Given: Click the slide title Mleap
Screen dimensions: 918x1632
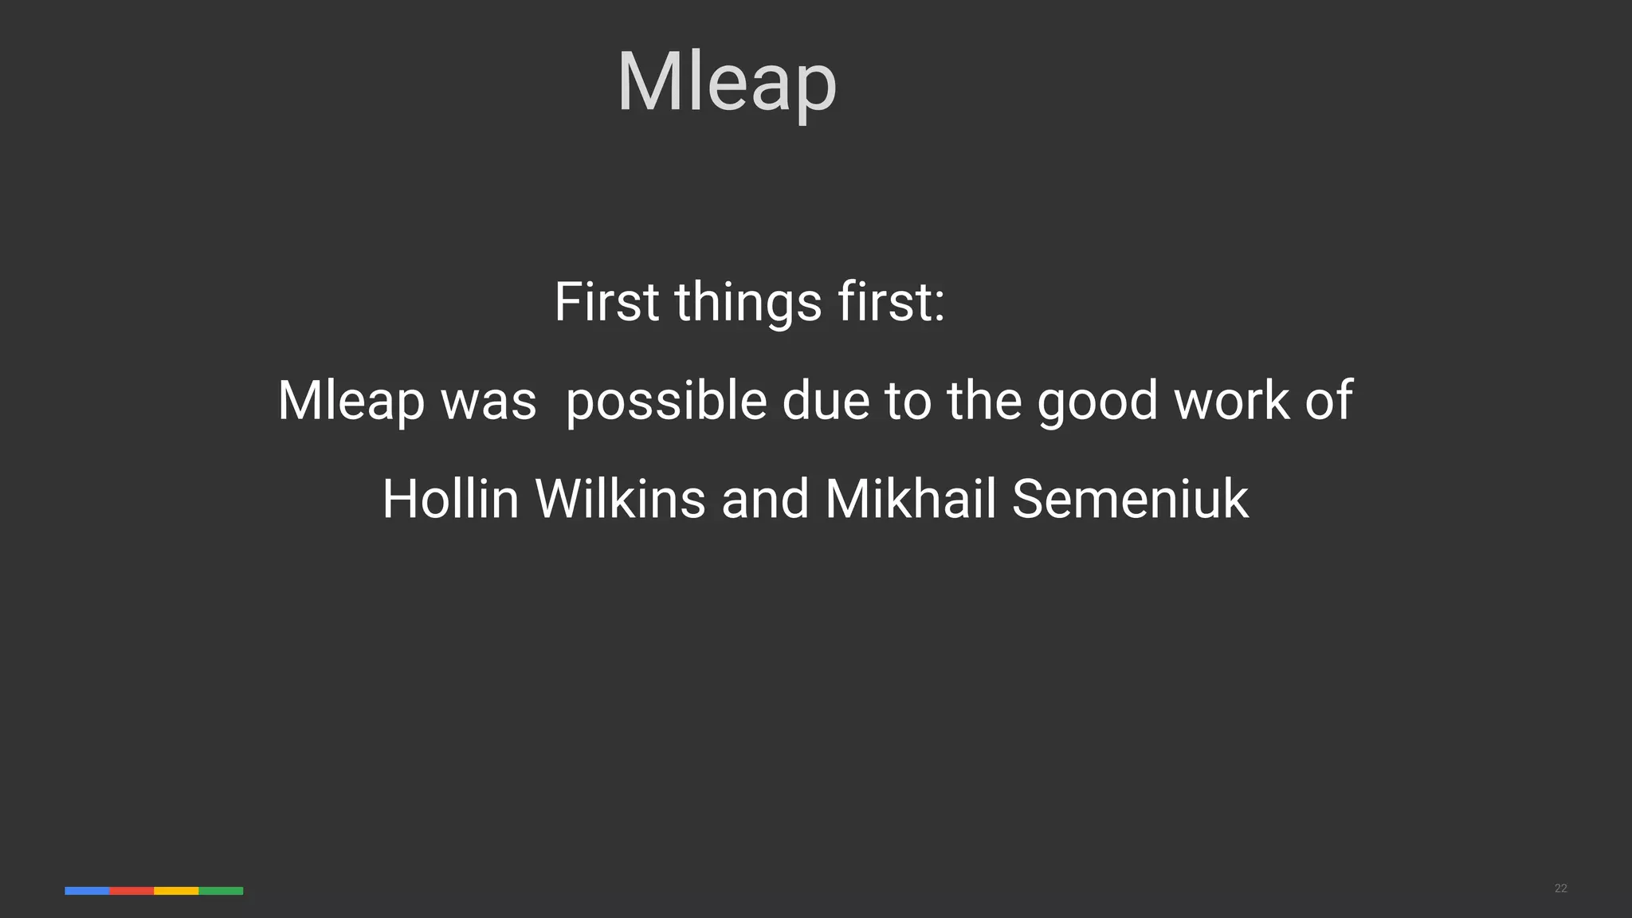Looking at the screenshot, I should (x=726, y=82).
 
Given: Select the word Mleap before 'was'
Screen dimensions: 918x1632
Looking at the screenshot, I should (x=351, y=400).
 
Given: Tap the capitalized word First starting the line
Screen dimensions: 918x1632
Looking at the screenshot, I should (x=606, y=302).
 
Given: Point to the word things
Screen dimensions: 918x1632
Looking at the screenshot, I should (x=747, y=304).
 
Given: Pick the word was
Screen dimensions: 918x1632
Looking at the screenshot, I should (x=488, y=401).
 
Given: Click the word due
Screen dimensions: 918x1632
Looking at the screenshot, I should (x=826, y=400).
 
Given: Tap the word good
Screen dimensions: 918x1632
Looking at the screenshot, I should (x=1096, y=401).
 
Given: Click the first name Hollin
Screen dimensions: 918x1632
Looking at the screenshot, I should (x=450, y=499).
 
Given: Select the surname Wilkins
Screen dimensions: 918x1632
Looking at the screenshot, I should (x=620, y=499).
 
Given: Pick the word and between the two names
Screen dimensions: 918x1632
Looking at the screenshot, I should (x=765, y=499).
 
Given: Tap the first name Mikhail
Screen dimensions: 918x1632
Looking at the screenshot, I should (x=910, y=499).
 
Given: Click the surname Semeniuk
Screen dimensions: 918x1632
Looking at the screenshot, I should (x=1130, y=499).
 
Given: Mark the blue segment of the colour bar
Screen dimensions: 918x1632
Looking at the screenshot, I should (x=87, y=891).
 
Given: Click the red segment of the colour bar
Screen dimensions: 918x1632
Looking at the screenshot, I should (x=131, y=891).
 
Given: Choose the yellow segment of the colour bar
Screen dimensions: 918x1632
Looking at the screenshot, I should (x=176, y=891).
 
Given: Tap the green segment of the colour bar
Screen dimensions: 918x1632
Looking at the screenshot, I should (x=221, y=891).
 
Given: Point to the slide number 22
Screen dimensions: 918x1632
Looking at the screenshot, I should (x=1560, y=889).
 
